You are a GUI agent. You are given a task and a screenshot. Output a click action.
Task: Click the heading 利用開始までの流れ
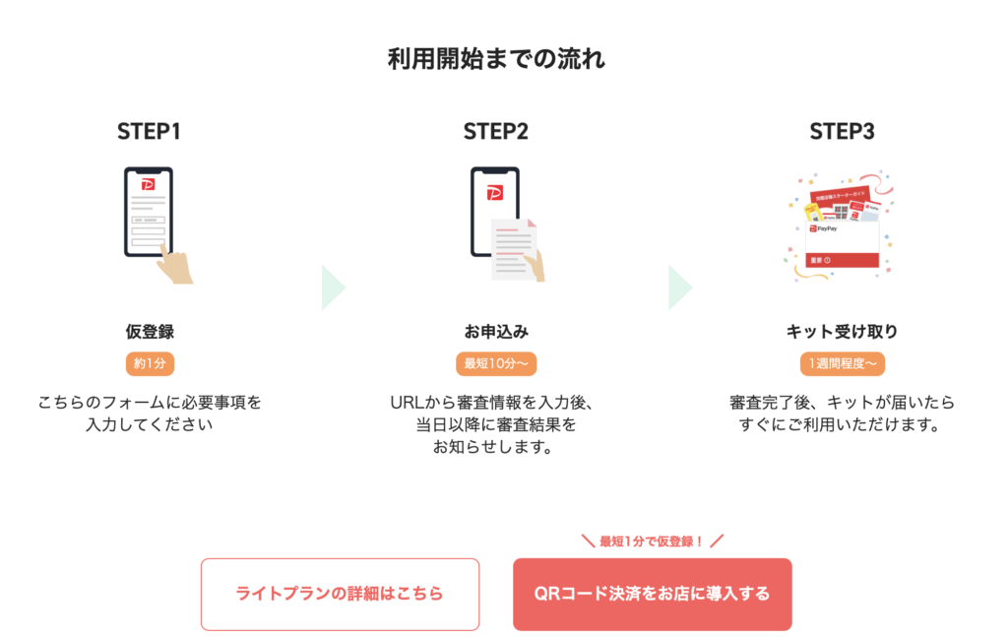(x=496, y=59)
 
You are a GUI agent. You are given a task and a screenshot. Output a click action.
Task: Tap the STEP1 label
(x=149, y=132)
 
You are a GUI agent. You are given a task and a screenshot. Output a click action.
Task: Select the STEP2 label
(x=495, y=132)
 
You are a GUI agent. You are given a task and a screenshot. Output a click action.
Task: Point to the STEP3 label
(x=842, y=132)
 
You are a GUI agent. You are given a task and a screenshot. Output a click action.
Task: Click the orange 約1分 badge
(x=149, y=363)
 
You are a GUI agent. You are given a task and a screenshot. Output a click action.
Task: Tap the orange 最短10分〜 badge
(x=496, y=363)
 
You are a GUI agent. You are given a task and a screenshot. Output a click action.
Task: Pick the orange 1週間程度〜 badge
(x=842, y=363)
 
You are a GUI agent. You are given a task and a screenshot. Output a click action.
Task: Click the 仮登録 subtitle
(x=149, y=332)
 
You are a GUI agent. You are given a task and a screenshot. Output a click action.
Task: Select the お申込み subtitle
(x=496, y=332)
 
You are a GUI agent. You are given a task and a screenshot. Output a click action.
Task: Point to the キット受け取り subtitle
(x=842, y=332)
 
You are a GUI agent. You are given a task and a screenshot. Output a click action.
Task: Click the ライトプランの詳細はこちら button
(x=340, y=594)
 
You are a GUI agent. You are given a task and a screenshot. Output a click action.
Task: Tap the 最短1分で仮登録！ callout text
(x=652, y=541)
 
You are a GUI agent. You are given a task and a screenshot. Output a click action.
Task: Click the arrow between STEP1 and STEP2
(x=332, y=287)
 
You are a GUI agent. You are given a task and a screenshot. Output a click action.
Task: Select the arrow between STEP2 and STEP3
(x=679, y=287)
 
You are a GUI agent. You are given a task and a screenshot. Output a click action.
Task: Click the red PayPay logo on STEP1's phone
(x=149, y=184)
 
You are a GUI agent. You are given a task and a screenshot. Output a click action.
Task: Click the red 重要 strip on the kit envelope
(x=842, y=260)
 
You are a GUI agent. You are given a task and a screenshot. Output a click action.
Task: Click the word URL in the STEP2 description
(x=406, y=403)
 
